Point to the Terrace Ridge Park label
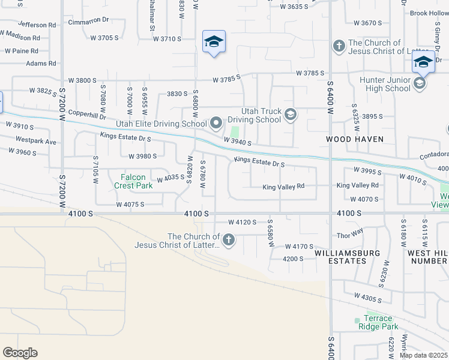(x=379, y=323)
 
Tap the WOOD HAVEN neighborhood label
(x=354, y=139)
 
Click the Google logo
(x=20, y=353)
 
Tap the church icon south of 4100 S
(x=228, y=241)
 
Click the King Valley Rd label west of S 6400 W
(x=283, y=187)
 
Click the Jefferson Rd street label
(x=37, y=25)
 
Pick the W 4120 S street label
(x=243, y=223)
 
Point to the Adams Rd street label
(x=41, y=63)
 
